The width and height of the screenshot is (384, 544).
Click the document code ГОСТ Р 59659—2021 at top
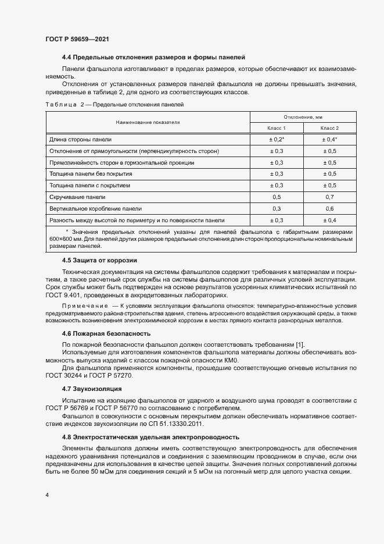tap(77, 39)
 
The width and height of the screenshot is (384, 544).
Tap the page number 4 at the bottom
tap(47, 495)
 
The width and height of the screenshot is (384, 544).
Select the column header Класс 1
tap(277, 127)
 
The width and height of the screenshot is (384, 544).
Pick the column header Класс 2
tap(329, 127)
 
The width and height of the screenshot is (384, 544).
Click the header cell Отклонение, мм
tap(303, 117)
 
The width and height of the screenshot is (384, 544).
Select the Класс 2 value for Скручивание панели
tap(329, 197)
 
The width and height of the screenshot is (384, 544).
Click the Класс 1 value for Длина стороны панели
tap(277, 140)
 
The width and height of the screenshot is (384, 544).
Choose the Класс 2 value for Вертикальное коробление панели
tap(329, 208)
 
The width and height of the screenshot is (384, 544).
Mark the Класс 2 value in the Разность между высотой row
tap(329, 220)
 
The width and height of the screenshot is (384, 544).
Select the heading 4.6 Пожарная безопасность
tap(106, 333)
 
